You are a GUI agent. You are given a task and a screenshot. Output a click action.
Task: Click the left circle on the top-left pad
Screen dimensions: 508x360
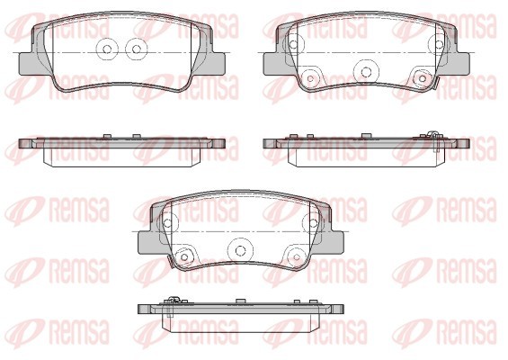(x=107, y=49)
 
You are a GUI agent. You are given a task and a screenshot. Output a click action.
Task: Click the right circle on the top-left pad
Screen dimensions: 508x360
(x=137, y=49)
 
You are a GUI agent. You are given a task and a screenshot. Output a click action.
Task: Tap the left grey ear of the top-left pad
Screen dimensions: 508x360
(x=26, y=64)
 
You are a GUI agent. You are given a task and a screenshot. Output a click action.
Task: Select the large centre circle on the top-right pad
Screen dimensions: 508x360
(x=366, y=71)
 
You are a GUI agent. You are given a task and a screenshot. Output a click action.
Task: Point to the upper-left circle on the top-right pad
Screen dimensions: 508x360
(x=293, y=44)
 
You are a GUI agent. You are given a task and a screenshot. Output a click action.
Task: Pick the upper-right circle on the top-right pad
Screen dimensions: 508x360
(x=439, y=44)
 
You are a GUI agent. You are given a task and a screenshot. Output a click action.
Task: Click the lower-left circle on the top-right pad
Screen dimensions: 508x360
(x=310, y=78)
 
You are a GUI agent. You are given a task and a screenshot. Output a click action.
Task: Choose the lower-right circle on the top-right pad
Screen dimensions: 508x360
(x=422, y=78)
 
